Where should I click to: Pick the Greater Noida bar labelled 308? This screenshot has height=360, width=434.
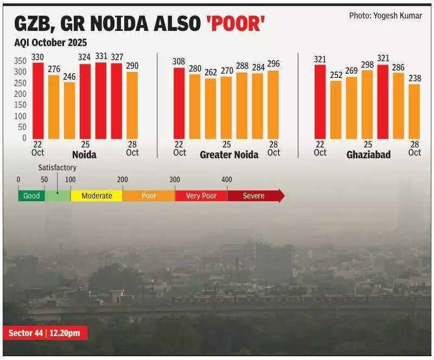(179, 103)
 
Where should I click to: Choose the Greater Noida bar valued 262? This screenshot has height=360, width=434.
(210, 108)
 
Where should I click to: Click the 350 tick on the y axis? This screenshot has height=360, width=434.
(20, 61)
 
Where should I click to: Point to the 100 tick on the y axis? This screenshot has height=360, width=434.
(20, 116)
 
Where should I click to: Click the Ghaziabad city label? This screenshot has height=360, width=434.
(368, 155)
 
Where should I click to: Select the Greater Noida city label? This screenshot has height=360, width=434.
(229, 155)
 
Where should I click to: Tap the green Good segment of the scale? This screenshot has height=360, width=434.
(31, 196)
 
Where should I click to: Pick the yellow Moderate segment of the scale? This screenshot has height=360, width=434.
(97, 196)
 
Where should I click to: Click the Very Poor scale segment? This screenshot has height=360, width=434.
(201, 196)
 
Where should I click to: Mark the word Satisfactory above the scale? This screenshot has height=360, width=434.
(57, 168)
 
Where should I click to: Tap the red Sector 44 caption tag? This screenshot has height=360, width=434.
(45, 333)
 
